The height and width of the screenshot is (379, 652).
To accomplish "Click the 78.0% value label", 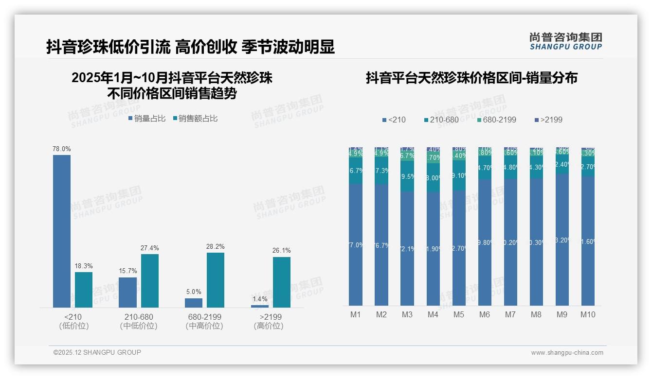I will click(x=62, y=149).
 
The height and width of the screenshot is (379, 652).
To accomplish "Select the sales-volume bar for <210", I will click(x=62, y=231).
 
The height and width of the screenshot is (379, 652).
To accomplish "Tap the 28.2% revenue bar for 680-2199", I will click(x=216, y=280).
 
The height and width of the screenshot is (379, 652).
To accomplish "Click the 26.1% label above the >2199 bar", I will click(x=282, y=251).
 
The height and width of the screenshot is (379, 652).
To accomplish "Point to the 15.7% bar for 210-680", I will click(x=127, y=292).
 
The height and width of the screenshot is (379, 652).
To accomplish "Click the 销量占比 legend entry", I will click(x=147, y=119).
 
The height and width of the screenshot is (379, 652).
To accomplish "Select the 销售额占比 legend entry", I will click(x=195, y=119).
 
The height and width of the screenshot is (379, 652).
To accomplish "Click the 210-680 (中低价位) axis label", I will click(x=139, y=321).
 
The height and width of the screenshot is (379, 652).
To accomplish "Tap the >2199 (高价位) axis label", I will click(x=269, y=321).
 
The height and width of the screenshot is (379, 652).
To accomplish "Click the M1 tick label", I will click(x=356, y=315).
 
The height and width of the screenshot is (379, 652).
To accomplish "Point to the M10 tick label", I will click(x=588, y=315).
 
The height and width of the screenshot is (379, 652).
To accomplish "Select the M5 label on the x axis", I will click(x=459, y=315).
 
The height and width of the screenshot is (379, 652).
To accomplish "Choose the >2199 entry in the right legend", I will click(x=548, y=120).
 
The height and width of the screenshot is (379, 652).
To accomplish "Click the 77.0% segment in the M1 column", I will click(x=356, y=245).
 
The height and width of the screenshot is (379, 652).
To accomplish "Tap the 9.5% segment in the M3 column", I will click(x=407, y=176).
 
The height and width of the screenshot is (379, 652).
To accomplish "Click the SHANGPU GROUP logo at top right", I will click(x=566, y=41).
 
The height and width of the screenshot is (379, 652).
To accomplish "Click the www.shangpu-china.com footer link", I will click(x=567, y=353).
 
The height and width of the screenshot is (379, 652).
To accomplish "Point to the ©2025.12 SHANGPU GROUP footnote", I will click(x=97, y=352).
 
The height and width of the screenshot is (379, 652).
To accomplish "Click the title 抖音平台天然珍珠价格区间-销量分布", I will click(x=471, y=78).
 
